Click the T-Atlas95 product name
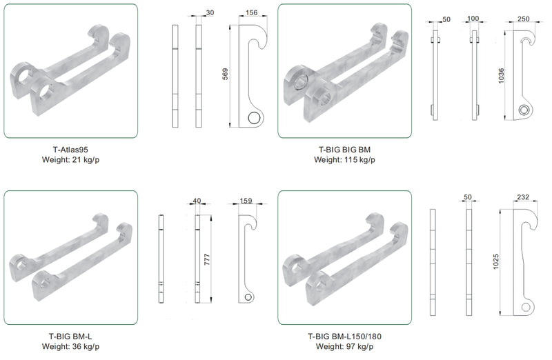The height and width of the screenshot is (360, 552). [x=70, y=150]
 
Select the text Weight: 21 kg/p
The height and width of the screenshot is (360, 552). [x=70, y=160]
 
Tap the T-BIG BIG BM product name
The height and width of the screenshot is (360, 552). [x=344, y=150]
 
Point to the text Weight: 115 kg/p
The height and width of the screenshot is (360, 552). [x=344, y=160]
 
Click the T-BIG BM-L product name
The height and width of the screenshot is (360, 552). [x=70, y=337]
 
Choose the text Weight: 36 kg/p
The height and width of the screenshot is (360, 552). [x=70, y=347]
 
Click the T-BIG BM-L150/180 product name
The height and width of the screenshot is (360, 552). [x=344, y=337]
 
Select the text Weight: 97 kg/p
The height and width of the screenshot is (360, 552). [x=344, y=347]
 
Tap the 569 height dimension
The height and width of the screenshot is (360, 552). [x=226, y=74]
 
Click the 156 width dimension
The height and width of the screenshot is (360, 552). [x=251, y=12]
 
